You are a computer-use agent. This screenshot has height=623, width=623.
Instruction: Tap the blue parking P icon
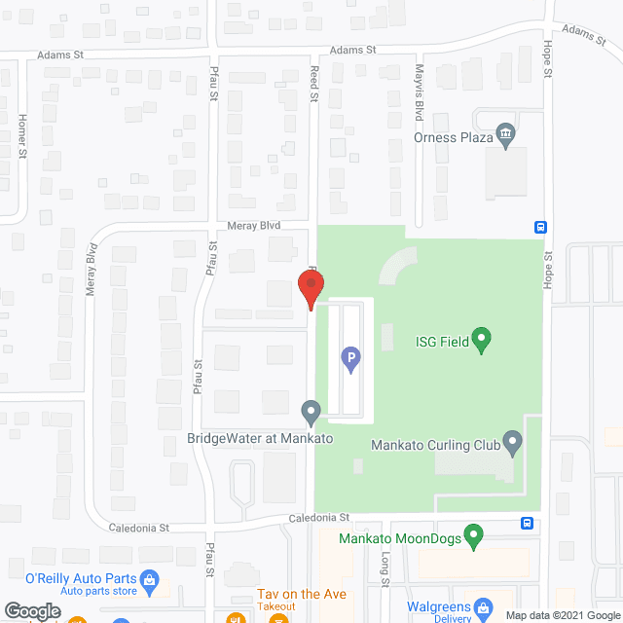pyautogui.click(x=349, y=361)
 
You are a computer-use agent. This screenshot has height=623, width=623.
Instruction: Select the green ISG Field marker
pyautogui.click(x=480, y=340)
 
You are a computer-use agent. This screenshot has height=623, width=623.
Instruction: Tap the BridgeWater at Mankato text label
pyautogui.click(x=261, y=439)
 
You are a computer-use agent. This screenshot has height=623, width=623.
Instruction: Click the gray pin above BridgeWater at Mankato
pyautogui.click(x=311, y=413)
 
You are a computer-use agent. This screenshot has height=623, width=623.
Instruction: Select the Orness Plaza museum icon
pyautogui.click(x=505, y=134)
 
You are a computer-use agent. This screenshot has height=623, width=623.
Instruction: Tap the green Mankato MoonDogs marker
pyautogui.click(x=473, y=535)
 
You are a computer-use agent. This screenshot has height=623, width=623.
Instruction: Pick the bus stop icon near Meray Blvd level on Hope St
pyautogui.click(x=539, y=227)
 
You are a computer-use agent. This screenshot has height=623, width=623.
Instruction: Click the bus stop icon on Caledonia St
pyautogui.click(x=527, y=522)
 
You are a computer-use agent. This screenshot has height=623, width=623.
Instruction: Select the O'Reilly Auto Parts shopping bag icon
pyautogui.click(x=150, y=581)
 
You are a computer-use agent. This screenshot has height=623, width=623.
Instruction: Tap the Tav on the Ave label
pyautogui.click(x=302, y=595)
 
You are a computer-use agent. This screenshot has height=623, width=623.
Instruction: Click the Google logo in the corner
pyautogui.click(x=31, y=611)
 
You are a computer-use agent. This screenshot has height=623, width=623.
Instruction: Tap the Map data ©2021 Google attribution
pyautogui.click(x=561, y=615)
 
